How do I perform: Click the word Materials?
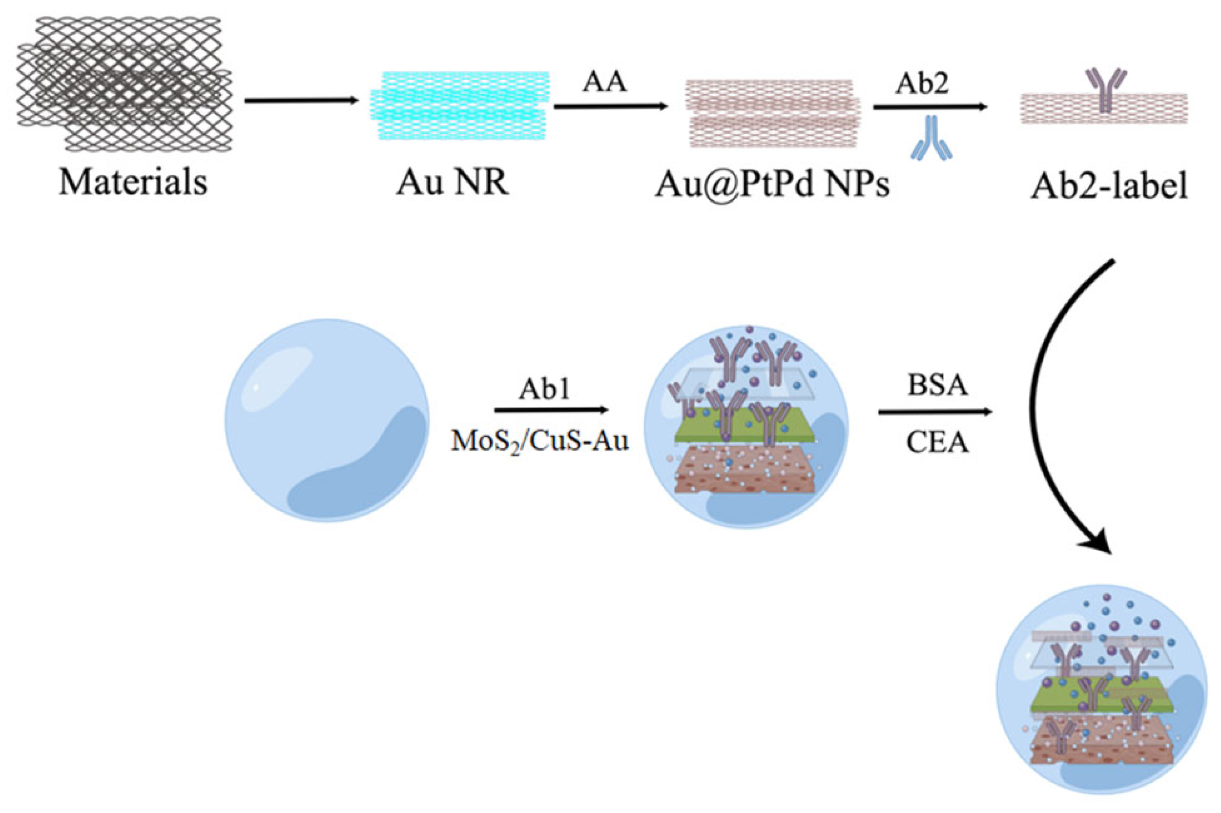tap(133, 182)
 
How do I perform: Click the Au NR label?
tap(453, 182)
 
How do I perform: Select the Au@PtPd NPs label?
tap(772, 184)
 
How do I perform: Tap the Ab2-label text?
tap(1109, 186)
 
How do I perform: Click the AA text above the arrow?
tap(604, 83)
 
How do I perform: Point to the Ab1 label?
tap(544, 389)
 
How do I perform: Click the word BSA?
tap(937, 386)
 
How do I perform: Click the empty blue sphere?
tap(327, 420)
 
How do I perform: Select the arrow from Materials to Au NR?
tap(301, 100)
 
